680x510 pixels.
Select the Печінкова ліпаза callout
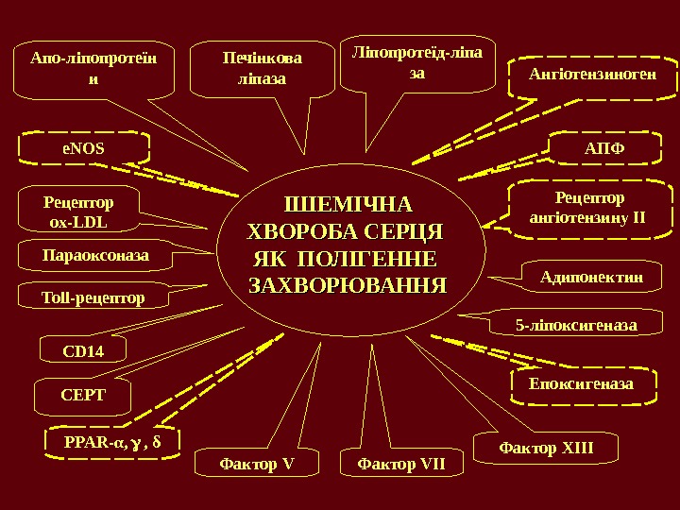pyautogui.click(x=263, y=69)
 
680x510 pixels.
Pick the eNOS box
pyautogui.click(x=83, y=148)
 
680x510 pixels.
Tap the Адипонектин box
pyautogui.click(x=591, y=277)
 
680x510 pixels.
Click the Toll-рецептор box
pyautogui.click(x=93, y=297)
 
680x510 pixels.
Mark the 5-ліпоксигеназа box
pyautogui.click(x=576, y=326)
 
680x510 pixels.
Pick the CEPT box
pyautogui.click(x=83, y=395)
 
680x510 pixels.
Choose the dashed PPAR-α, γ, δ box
pyautogui.click(x=112, y=441)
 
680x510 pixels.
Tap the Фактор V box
pyautogui.click(x=257, y=463)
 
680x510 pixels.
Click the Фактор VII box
pyautogui.click(x=401, y=463)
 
